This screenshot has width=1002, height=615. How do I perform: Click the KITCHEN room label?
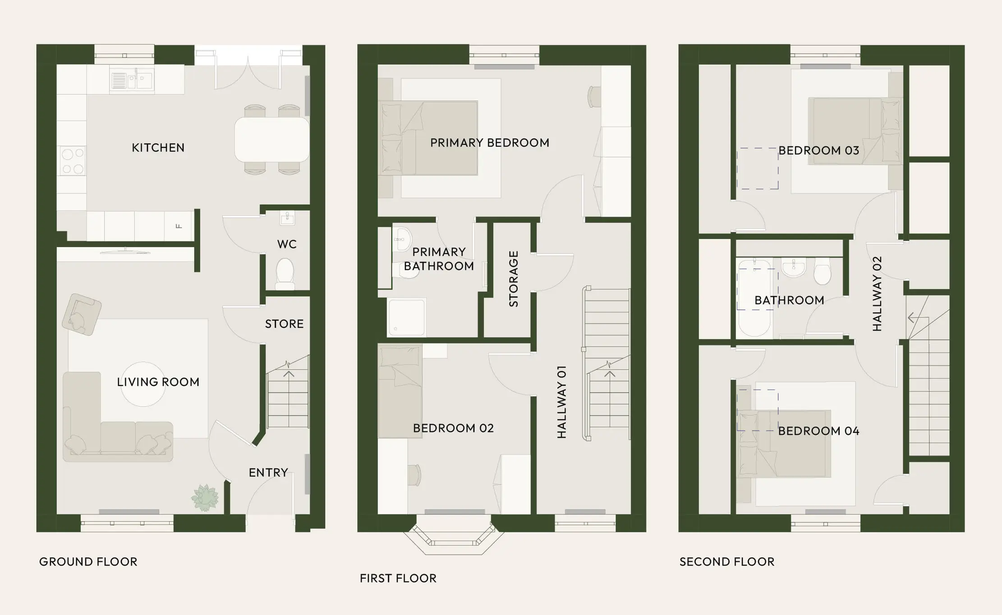158,148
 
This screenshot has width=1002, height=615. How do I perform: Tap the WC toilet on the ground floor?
285,273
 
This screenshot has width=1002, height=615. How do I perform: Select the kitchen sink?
132,81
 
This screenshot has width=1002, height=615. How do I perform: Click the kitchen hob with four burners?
73,161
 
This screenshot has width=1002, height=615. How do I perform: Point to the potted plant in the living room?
205,498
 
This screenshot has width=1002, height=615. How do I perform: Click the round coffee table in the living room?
143,384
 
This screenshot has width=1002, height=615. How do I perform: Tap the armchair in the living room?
82,314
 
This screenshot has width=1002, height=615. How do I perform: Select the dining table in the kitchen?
272,139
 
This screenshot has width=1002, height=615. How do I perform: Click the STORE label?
284,324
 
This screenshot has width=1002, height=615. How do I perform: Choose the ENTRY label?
268,473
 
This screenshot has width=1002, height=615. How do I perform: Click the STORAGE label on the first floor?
514,279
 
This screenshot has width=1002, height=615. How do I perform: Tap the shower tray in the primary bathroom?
406,317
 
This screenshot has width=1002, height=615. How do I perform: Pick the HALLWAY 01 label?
561,402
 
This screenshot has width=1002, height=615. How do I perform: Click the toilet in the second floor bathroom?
823,271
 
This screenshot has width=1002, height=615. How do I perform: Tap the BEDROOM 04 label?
818,431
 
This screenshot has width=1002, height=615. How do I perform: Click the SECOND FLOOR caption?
727,562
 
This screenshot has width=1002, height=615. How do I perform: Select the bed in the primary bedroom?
429,138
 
